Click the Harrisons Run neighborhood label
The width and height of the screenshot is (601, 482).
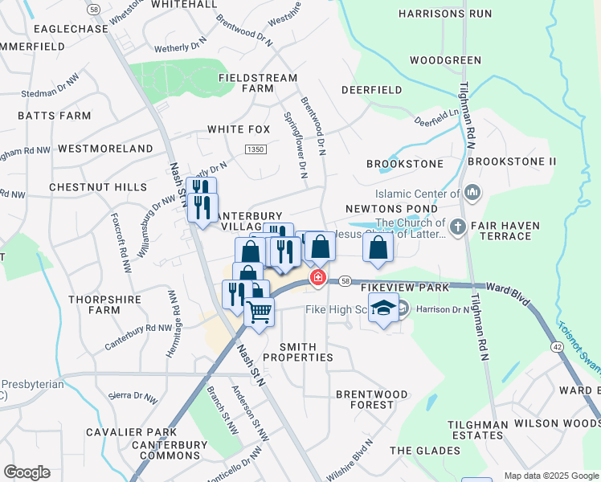click(444, 14)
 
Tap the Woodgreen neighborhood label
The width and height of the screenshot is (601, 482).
click(445, 60)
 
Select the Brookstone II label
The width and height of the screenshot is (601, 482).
click(512, 161)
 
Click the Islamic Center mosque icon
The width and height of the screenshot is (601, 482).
click(472, 193)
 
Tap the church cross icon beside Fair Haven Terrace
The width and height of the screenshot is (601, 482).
click(458, 227)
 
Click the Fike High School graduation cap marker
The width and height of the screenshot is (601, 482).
click(384, 308)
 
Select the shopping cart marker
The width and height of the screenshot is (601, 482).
click(259, 310)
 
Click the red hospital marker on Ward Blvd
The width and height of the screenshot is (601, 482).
click(318, 278)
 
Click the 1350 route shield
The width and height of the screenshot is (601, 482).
click(256, 149)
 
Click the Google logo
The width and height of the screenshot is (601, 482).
click(27, 472)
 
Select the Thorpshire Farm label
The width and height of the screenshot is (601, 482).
click(104, 305)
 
